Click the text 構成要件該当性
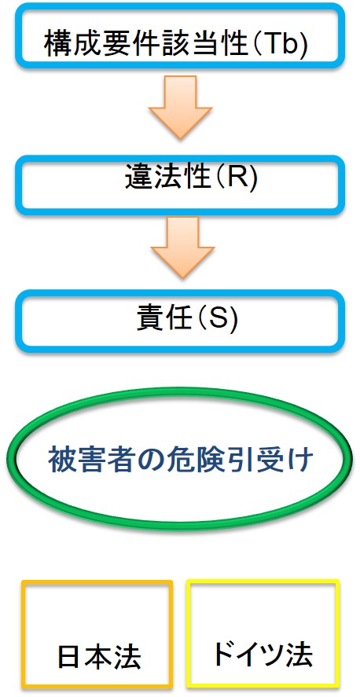[x=146, y=42]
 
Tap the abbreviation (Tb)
[x=279, y=43]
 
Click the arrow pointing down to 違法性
[x=180, y=107]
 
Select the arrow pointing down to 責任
[x=182, y=248]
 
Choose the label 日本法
[x=99, y=657]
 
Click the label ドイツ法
[x=261, y=654]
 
